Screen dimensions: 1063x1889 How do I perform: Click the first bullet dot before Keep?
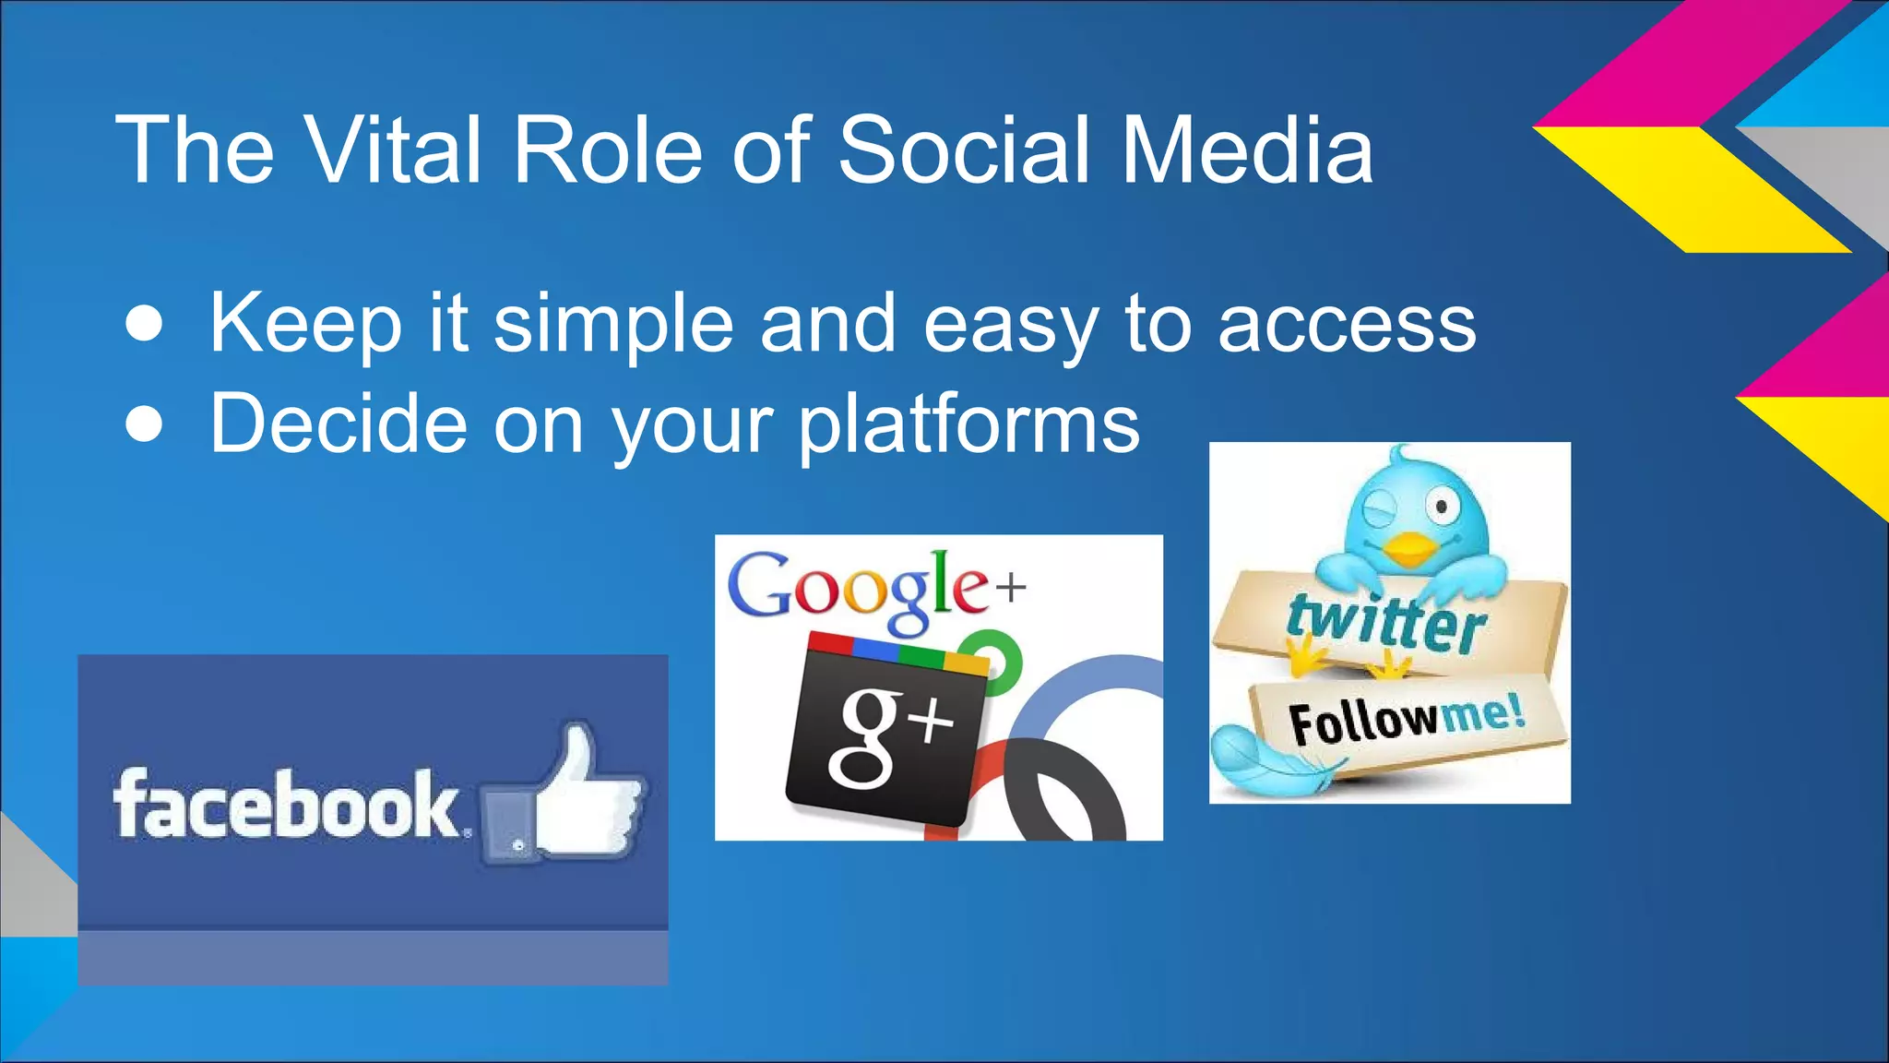145,325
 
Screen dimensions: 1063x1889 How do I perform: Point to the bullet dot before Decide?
145,425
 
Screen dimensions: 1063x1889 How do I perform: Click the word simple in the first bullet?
612,325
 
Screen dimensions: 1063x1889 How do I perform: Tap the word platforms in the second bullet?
968,425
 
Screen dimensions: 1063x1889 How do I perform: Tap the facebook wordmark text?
286,805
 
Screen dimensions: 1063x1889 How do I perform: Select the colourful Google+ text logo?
872,587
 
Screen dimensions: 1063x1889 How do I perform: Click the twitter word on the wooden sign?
1386,623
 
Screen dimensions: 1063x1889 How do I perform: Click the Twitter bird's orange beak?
1408,548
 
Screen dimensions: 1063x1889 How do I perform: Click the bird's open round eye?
1440,504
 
